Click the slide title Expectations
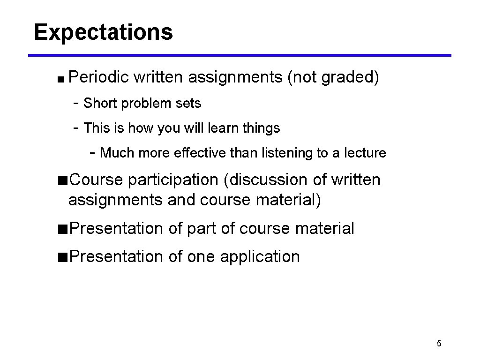[x=103, y=32]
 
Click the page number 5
[x=439, y=344]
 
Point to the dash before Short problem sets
[x=76, y=103]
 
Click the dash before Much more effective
[x=93, y=153]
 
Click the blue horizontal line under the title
[x=240, y=55]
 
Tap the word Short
[x=100, y=103]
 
